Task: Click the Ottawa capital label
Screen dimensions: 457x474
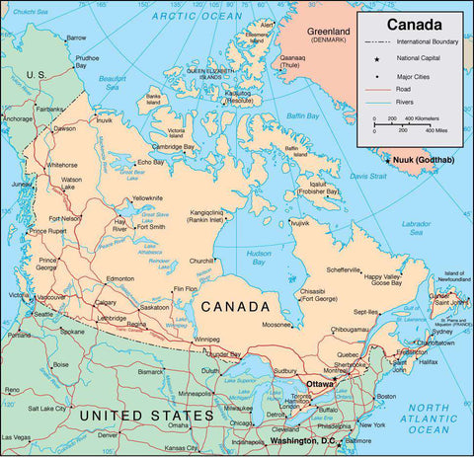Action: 320,383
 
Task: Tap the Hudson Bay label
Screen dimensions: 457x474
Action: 259,258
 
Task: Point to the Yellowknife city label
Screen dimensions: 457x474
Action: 148,197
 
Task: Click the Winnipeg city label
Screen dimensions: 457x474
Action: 206,340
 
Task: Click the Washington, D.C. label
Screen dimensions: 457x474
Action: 303,440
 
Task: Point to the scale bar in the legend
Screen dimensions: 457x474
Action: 406,125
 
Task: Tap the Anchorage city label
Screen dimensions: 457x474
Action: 17,118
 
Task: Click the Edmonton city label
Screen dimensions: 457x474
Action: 119,278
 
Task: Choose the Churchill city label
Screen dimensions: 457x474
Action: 201,261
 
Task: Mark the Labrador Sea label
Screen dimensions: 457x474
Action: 416,227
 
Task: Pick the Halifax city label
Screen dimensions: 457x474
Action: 427,362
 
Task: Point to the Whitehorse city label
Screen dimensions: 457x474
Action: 61,165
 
